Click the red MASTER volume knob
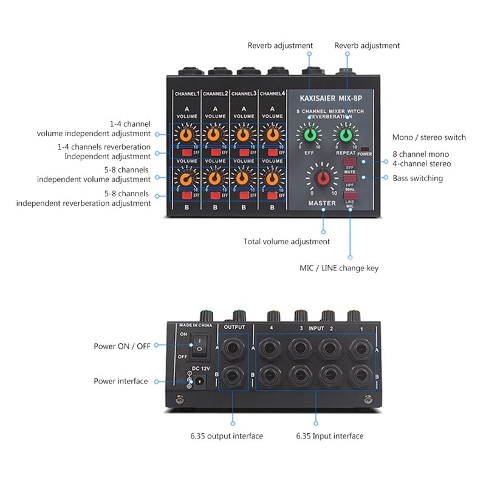click(323, 177)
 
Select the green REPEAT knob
click(346, 134)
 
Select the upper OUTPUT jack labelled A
click(233, 348)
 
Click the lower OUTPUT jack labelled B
click(233, 377)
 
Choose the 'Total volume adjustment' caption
click(287, 242)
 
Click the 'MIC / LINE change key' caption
click(339, 268)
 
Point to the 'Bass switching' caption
click(417, 178)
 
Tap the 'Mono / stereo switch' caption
click(430, 137)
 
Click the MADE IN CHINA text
click(195, 326)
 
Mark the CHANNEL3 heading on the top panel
click(243, 94)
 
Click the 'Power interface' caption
click(120, 382)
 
